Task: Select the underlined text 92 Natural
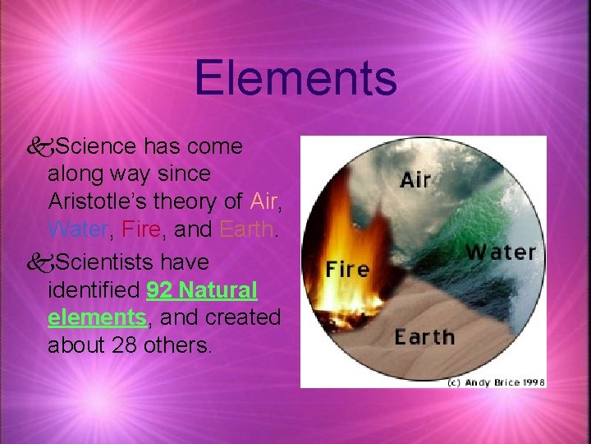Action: click(202, 289)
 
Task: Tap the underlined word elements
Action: click(96, 317)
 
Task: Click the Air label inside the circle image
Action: click(415, 178)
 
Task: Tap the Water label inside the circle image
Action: click(502, 251)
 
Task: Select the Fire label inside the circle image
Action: click(347, 269)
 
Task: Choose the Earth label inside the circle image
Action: click(424, 336)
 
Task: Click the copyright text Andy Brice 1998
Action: click(496, 382)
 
